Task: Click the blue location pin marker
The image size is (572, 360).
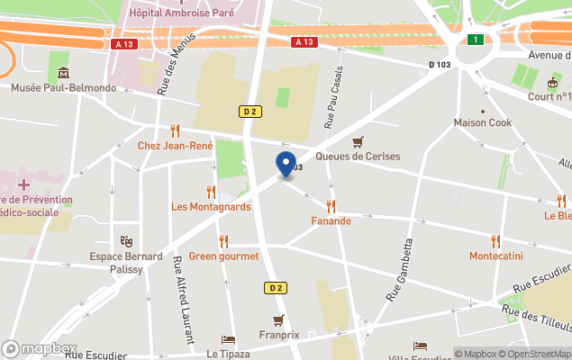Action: [x=286, y=165]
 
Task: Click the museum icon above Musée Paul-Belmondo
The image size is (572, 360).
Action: [x=62, y=73]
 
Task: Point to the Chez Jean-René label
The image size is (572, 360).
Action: [x=175, y=146]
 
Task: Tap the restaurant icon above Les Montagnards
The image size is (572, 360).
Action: [x=211, y=191]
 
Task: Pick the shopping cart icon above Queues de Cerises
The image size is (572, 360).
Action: [x=358, y=140]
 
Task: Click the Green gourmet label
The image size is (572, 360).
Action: [x=223, y=256]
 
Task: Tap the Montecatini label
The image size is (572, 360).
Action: [x=495, y=256]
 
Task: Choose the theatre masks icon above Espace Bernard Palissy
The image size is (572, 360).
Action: [x=126, y=241]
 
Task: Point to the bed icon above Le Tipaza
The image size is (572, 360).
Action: [x=228, y=340]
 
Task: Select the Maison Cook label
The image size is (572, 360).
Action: [x=483, y=123]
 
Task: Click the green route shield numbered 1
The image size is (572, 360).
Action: [x=475, y=39]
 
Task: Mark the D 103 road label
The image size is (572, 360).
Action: [x=441, y=64]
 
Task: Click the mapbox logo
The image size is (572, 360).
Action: [x=40, y=348]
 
